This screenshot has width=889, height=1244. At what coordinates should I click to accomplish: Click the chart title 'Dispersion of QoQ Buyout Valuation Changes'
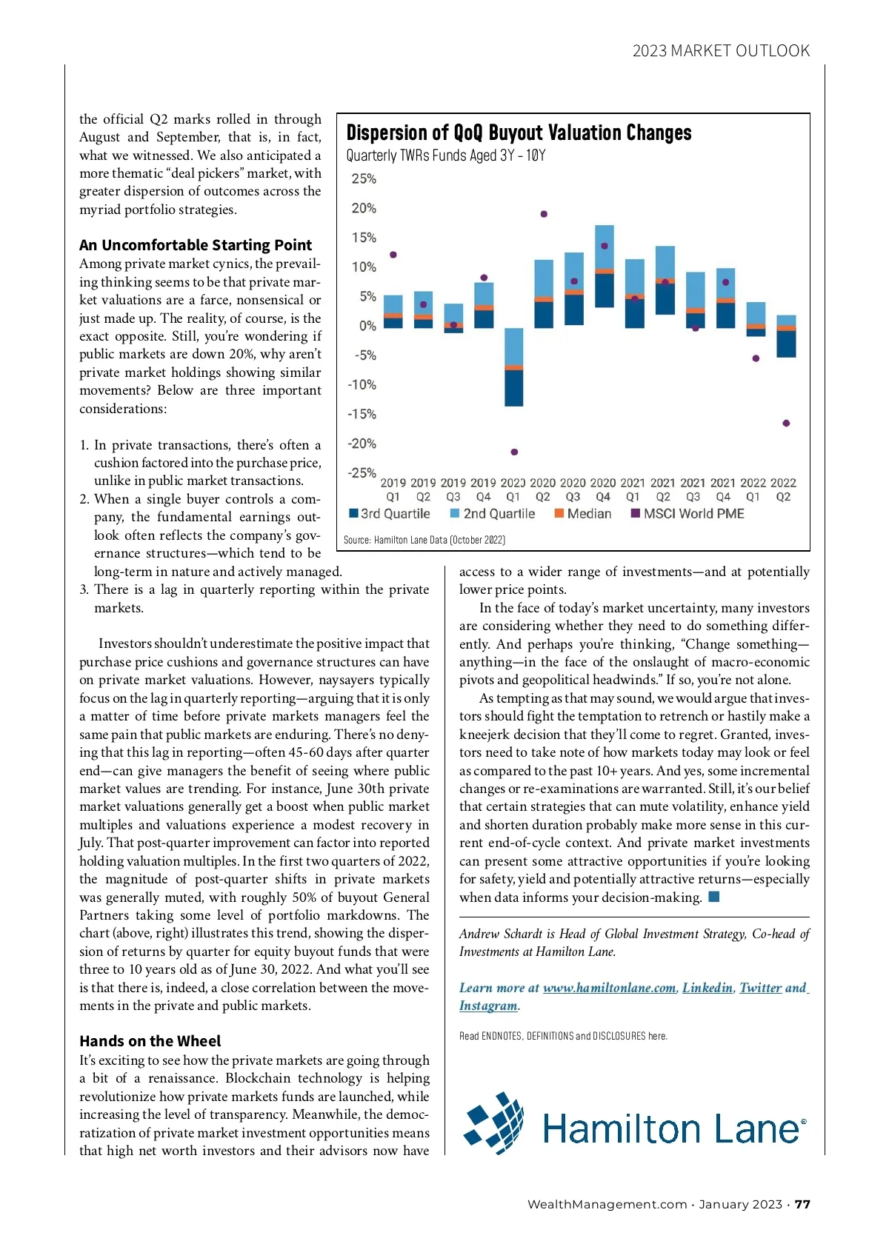pos(519,133)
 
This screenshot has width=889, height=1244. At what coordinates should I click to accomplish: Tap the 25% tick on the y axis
pos(364,179)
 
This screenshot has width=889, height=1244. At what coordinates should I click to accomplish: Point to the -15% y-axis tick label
pos(362,415)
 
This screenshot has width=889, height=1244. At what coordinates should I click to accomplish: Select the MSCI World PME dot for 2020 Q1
pos(514,452)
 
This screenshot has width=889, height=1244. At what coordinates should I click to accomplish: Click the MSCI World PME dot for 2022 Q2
pos(786,424)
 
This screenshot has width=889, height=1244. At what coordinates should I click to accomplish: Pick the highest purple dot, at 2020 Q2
pos(544,214)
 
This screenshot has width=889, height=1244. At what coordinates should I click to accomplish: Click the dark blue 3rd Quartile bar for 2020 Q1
pos(513,387)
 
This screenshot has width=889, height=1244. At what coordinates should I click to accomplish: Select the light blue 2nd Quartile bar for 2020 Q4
pos(605,247)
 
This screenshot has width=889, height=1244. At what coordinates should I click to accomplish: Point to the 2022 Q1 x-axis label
pos(753,489)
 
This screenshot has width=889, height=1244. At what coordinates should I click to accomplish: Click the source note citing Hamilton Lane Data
pos(424,540)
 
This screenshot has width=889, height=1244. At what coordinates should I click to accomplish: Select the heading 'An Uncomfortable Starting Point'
pos(196,245)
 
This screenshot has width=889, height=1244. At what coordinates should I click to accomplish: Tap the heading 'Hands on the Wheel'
pos(150,1041)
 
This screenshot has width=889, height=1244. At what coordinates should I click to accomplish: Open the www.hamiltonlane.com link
pos(609,988)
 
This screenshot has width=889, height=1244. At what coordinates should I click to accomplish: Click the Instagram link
pos(488,1006)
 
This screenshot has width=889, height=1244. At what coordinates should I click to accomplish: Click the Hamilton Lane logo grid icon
pos(493,1123)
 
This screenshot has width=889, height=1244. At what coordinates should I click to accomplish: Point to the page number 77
pos(803,1204)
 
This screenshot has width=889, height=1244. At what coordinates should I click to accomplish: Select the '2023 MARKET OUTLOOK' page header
pos(721,51)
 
